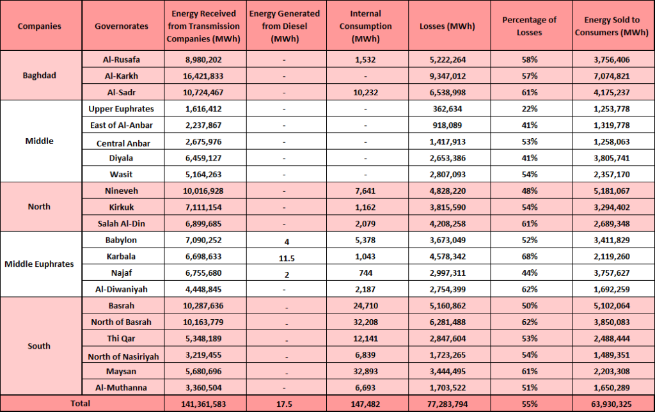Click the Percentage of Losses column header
[529, 26]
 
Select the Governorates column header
[122, 26]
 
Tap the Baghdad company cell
[39, 75]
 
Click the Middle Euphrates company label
[39, 264]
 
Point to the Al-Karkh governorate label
[122, 76]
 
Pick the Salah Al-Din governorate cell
[122, 223]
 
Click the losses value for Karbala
[447, 257]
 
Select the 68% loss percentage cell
[529, 257]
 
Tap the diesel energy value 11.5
[287, 258]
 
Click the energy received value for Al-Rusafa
[203, 59]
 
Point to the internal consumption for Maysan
[365, 372]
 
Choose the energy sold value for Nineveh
[612, 191]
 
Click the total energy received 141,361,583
[203, 404]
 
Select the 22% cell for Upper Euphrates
[529, 109]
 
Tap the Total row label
[80, 403]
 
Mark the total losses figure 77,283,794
[447, 404]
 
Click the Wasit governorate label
[121, 175]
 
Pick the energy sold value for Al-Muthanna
[612, 388]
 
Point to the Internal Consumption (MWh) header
[365, 26]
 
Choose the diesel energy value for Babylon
[287, 242]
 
